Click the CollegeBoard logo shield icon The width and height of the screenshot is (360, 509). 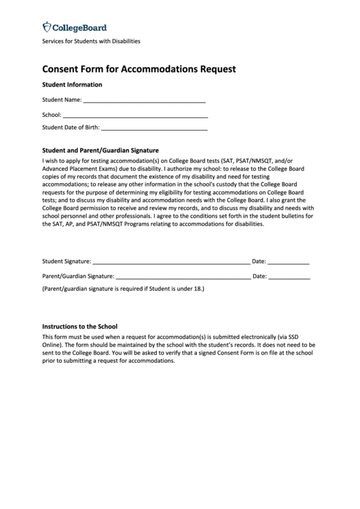point(47,27)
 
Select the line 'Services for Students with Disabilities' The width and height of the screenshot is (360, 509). point(91,41)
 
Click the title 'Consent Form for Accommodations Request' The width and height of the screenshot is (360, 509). point(139,69)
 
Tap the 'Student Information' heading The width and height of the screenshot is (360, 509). point(72,85)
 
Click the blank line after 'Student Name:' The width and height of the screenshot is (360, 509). point(144,101)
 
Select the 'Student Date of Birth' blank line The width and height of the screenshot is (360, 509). point(154,128)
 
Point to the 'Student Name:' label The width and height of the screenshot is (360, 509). point(62,100)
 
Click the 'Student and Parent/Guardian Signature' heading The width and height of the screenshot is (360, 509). point(100,150)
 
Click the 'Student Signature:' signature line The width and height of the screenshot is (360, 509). point(170,262)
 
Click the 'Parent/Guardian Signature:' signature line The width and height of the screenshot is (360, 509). point(182,278)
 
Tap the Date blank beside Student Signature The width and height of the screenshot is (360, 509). point(289,262)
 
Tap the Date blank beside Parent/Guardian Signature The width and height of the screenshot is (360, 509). point(289,278)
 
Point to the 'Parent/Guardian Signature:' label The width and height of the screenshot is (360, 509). point(78,277)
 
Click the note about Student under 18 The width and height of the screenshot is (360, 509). point(123,289)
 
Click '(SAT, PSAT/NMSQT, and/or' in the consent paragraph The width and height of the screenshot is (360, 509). point(268,160)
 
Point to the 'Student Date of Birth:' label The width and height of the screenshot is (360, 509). point(71,127)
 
